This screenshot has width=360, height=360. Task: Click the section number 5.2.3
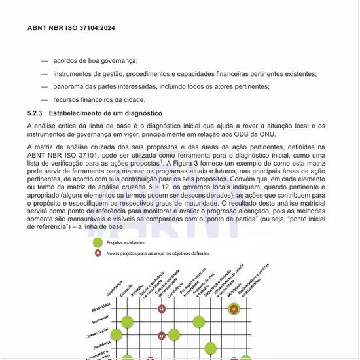(35, 113)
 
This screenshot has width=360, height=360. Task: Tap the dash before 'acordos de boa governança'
(45, 60)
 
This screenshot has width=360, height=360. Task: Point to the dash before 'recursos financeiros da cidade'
(45, 99)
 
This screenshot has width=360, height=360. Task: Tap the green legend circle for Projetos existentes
(98, 242)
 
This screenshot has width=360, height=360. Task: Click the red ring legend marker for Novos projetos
(98, 253)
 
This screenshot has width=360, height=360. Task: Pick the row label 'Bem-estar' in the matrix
(101, 321)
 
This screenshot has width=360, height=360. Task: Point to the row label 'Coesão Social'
(98, 334)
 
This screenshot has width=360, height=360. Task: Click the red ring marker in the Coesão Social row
(162, 335)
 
